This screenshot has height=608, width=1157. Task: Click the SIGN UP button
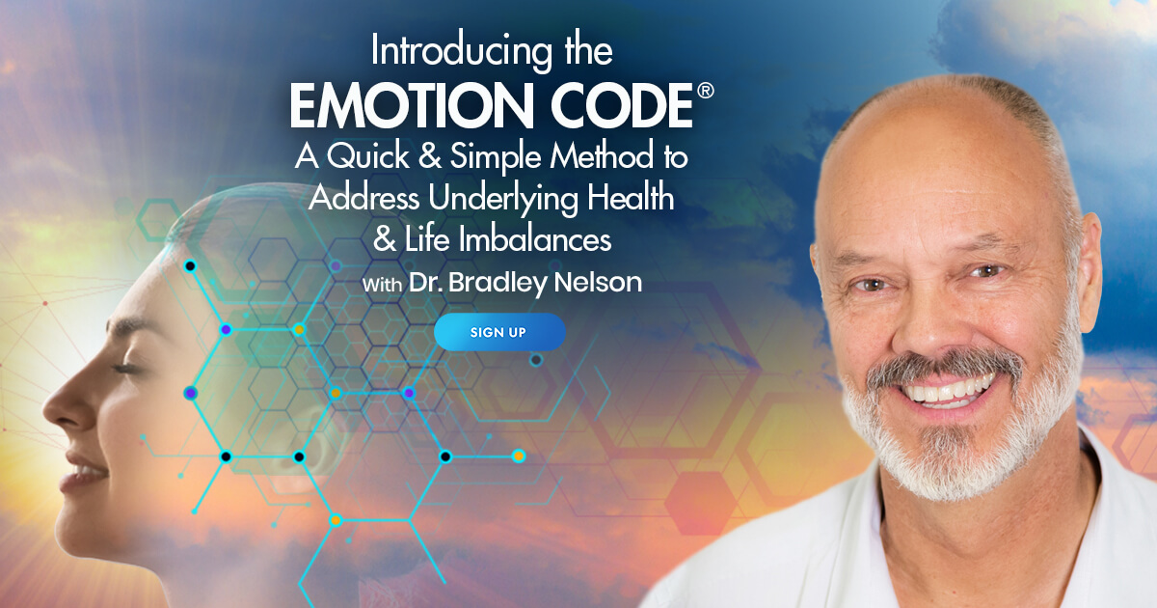[x=498, y=332]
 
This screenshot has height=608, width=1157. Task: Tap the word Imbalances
[x=536, y=239]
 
